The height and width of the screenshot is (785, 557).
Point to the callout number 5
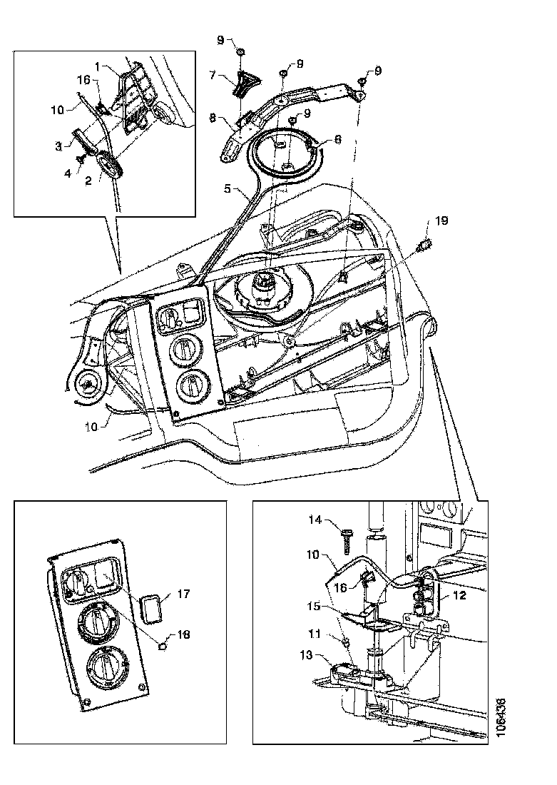(228, 191)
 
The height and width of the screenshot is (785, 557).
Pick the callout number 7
(213, 74)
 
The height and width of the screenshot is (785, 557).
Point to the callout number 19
(443, 221)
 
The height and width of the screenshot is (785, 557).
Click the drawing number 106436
(504, 721)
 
